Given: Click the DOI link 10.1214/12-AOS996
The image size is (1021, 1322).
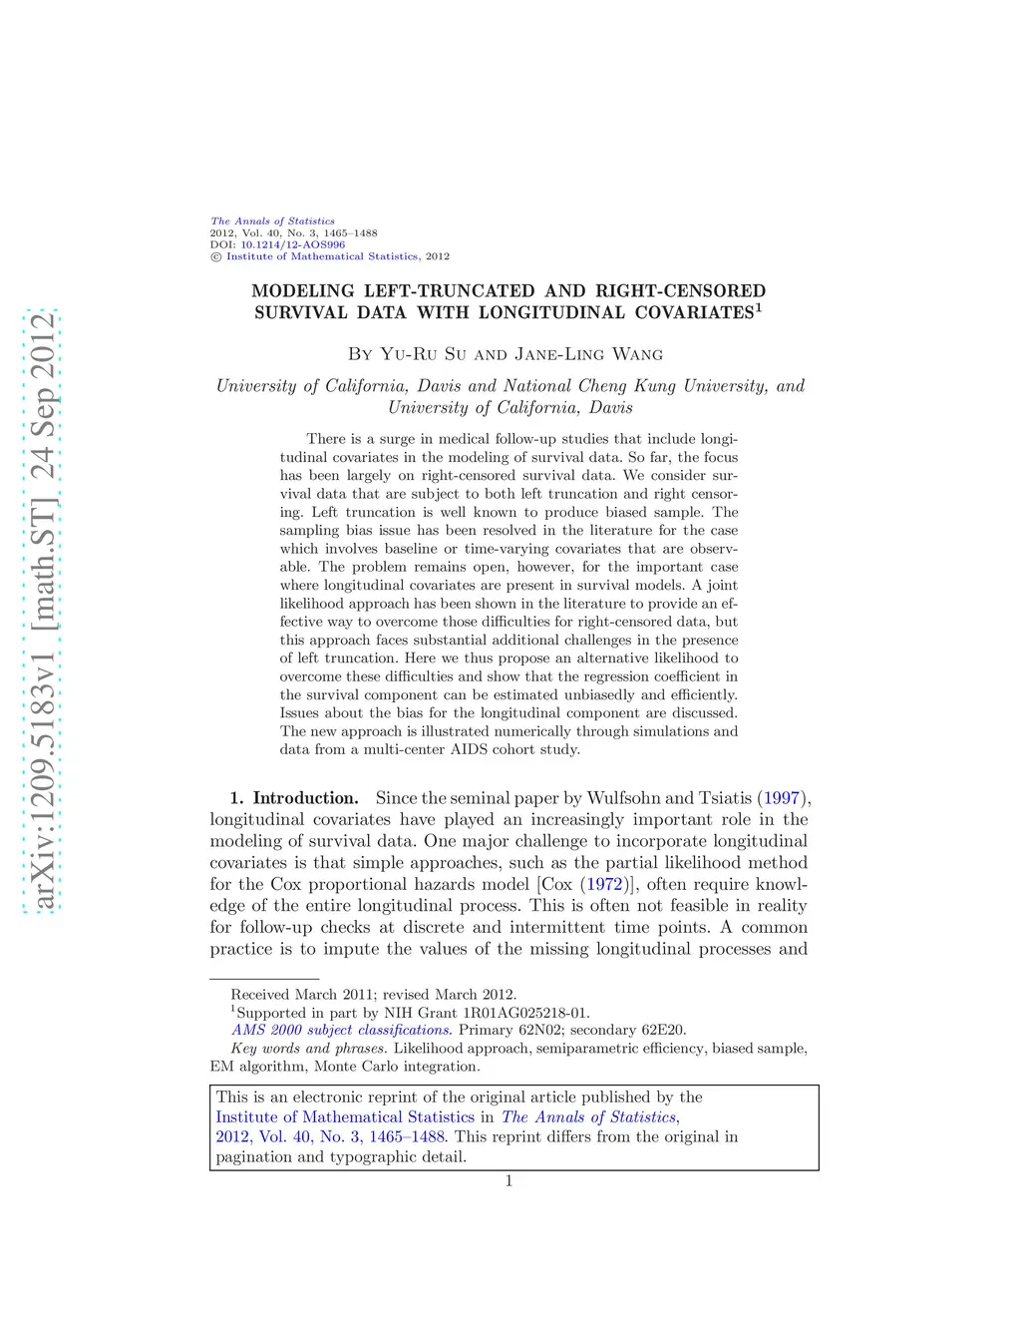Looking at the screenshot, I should point(292,244).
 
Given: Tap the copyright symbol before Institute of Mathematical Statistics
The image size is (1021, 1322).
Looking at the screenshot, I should point(215,256).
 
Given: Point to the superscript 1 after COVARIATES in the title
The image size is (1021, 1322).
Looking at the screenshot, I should point(759,307).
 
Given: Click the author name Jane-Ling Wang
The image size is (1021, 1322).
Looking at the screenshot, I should point(588,354).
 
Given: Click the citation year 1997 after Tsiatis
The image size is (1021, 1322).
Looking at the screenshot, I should point(782,798).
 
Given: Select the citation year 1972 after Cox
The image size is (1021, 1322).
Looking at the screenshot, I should point(604,884).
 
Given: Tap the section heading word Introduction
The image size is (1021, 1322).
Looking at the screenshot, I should point(305,798).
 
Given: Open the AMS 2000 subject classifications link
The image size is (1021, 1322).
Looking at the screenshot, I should point(341,1030).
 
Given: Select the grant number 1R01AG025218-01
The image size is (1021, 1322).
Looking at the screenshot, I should point(525,1013).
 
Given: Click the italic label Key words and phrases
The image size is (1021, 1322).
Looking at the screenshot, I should point(308,1048).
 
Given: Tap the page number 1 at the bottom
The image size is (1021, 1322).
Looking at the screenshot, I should point(509,1181).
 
